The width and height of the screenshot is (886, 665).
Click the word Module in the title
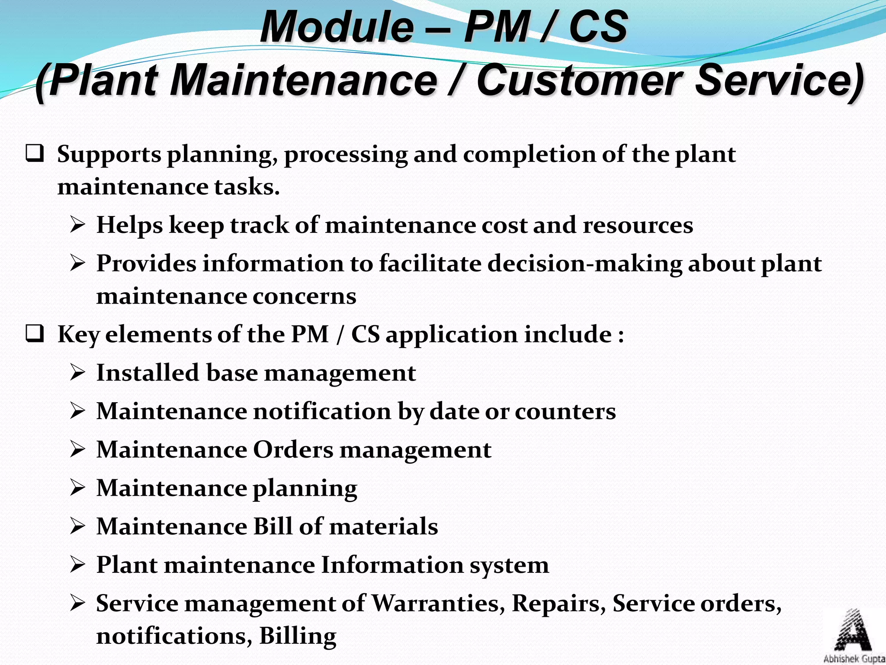tap(337, 27)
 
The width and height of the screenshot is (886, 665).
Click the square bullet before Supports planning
tap(35, 155)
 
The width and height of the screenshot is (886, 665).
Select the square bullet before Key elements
tap(35, 335)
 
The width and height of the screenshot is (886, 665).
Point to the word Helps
tap(129, 225)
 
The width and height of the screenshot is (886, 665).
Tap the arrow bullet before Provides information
tap(77, 263)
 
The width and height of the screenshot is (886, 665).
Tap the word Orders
tap(293, 449)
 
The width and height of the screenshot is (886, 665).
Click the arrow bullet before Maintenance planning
tap(77, 488)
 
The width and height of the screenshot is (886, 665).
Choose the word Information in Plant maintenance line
tap(392, 565)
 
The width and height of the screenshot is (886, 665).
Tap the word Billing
tap(298, 636)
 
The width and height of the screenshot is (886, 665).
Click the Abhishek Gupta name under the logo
tap(854, 659)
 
